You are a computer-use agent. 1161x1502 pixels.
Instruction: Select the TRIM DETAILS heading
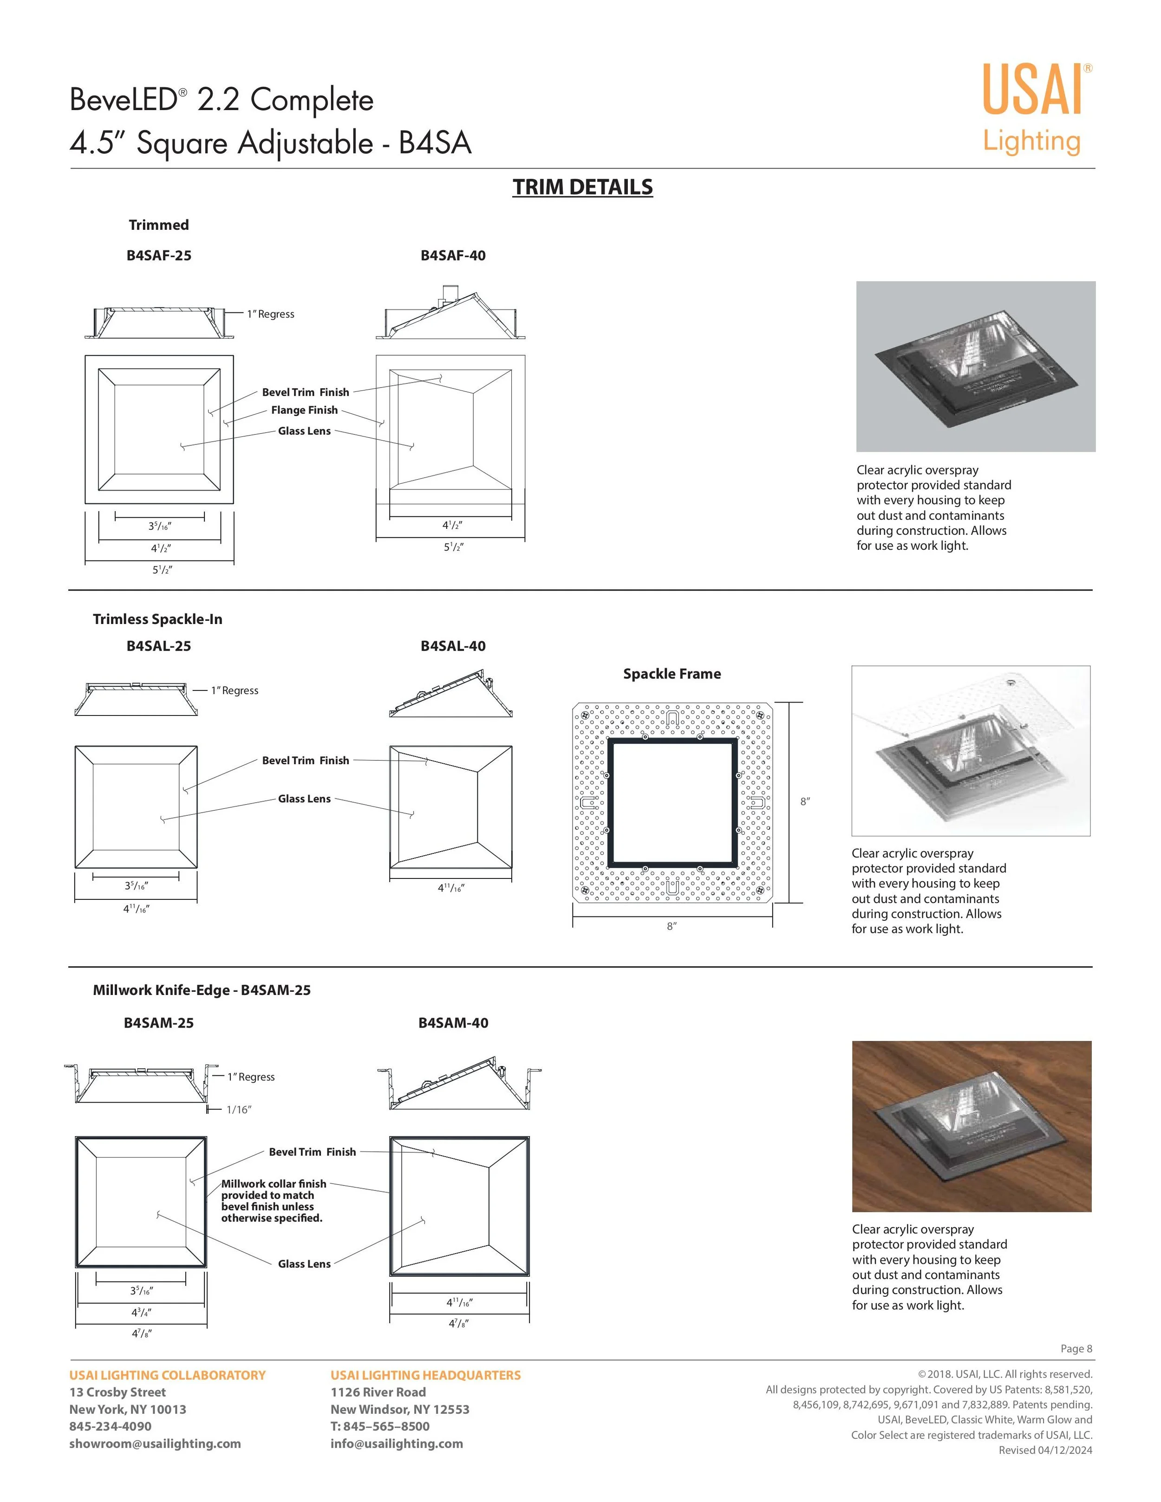click(x=582, y=187)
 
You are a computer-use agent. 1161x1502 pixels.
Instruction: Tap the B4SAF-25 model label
click(x=159, y=256)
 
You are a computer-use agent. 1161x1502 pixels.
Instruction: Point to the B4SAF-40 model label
click(x=453, y=256)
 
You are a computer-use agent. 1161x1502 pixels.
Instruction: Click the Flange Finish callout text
click(x=304, y=410)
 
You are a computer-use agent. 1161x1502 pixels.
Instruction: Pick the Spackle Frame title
click(x=672, y=674)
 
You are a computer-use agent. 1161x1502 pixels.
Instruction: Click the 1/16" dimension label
click(x=239, y=1110)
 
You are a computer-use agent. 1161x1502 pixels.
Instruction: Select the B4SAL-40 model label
click(x=453, y=646)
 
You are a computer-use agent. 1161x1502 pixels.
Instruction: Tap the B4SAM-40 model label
click(x=453, y=1023)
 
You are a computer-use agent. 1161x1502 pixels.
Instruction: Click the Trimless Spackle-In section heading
click(x=157, y=620)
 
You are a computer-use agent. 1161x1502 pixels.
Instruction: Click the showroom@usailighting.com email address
click(x=155, y=1443)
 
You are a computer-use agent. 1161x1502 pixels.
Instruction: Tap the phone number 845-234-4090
click(x=110, y=1426)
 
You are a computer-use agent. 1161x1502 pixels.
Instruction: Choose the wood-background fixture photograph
click(x=971, y=1126)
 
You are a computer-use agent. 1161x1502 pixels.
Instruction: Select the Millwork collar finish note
click(x=273, y=1201)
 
